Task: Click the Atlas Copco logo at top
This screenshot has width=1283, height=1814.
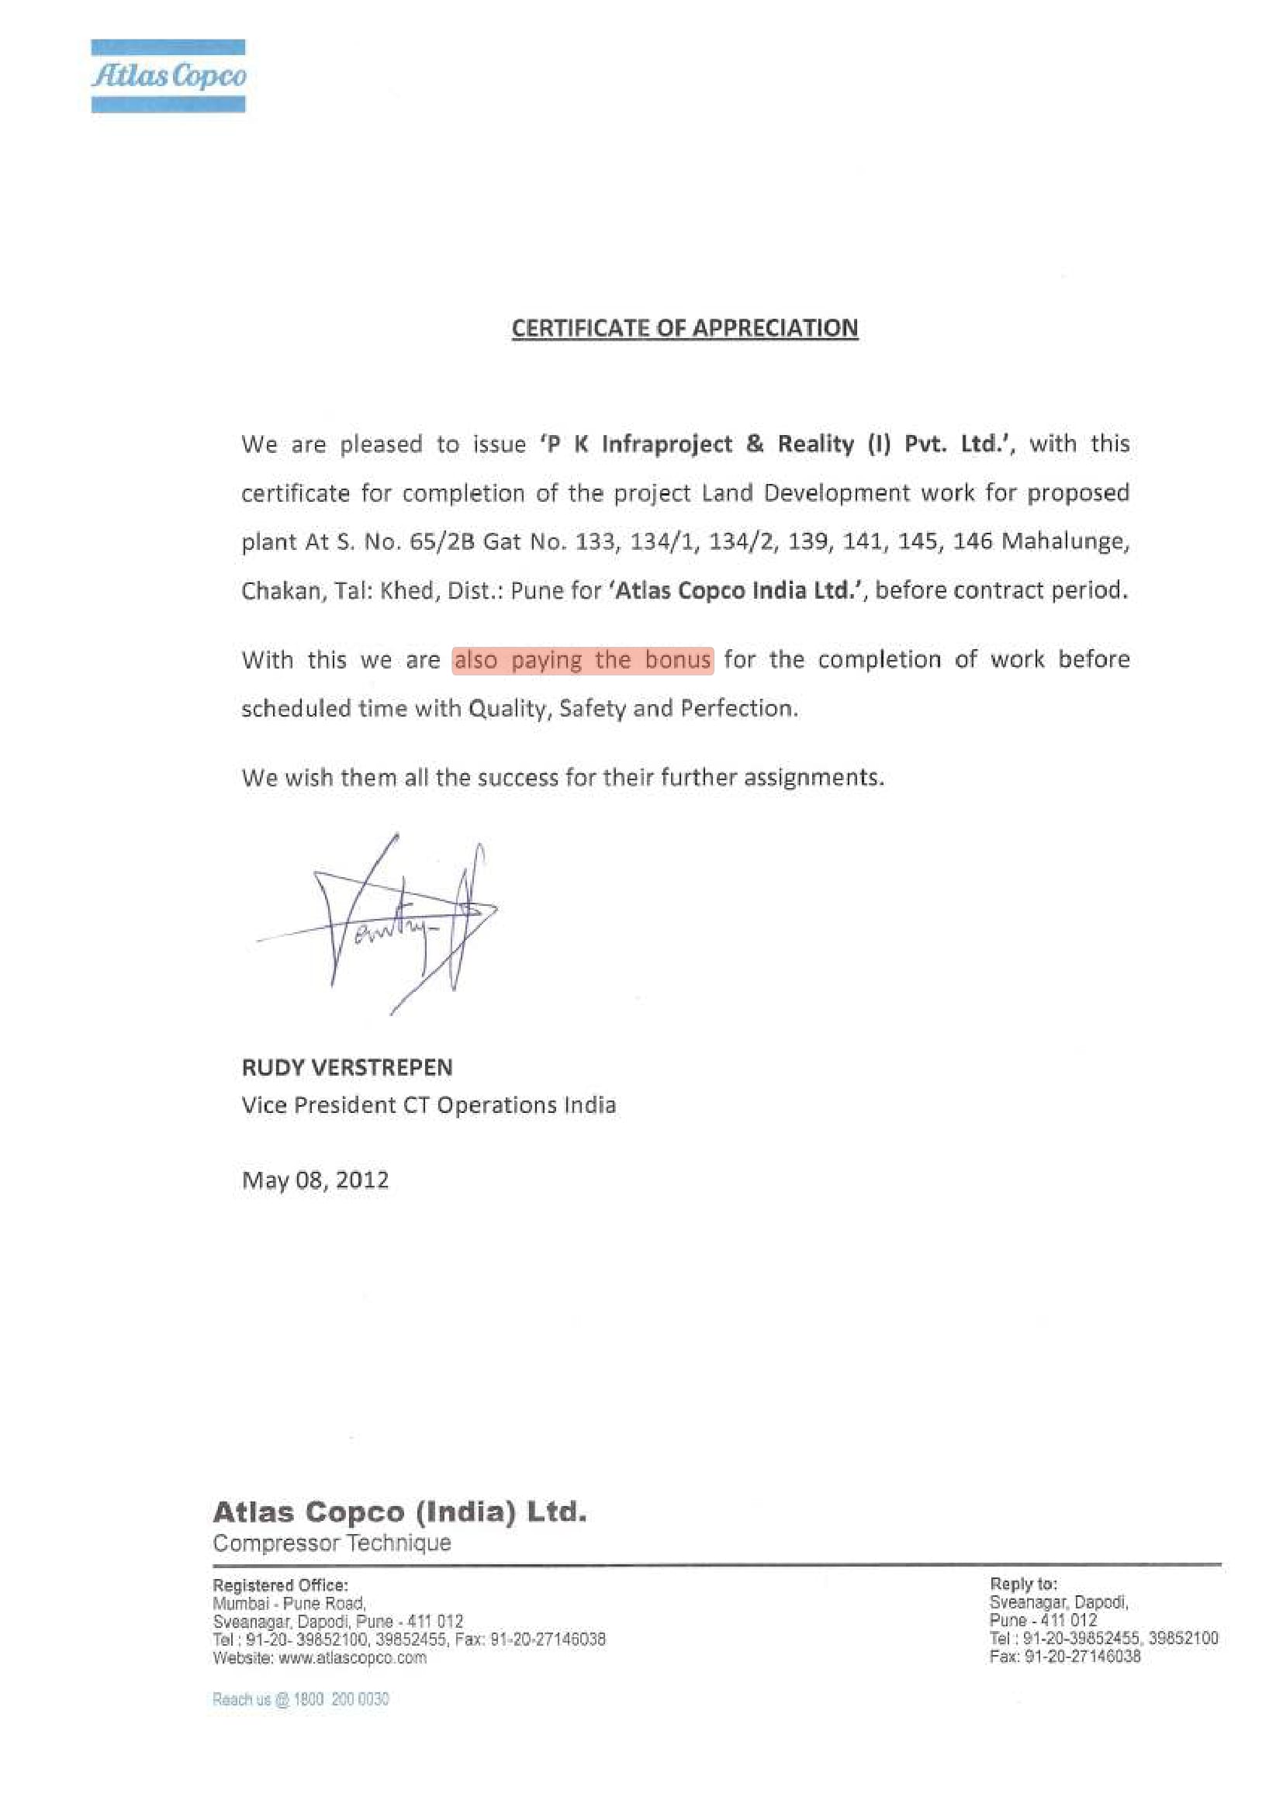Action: click(168, 76)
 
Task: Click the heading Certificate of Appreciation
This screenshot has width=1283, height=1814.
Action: click(684, 328)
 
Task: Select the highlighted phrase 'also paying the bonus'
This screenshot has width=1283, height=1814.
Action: click(583, 660)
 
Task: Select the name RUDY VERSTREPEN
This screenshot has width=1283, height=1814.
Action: click(347, 1067)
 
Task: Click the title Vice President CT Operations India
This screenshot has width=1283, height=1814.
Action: click(428, 1104)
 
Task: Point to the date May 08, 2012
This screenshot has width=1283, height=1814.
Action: click(315, 1180)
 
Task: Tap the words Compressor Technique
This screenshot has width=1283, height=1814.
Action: click(332, 1543)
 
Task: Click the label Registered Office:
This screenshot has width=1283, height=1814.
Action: click(280, 1585)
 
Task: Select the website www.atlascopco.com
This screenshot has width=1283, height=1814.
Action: click(352, 1657)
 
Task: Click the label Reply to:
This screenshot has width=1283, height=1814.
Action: click(1022, 1584)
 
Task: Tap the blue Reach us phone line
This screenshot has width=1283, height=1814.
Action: click(300, 1699)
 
